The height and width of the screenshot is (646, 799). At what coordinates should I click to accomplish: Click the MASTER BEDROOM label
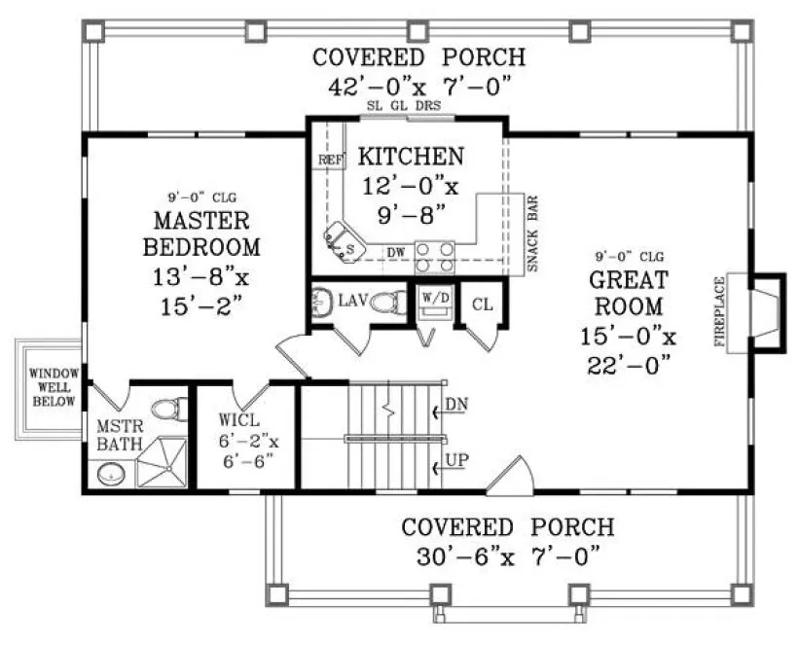[201, 233]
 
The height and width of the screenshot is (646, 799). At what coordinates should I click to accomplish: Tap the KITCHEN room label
[409, 156]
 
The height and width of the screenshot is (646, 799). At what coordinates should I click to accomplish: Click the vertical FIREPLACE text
[721, 311]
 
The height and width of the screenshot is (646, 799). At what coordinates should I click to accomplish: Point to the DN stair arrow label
[455, 404]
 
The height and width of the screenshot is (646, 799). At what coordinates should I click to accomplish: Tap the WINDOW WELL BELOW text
[52, 386]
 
